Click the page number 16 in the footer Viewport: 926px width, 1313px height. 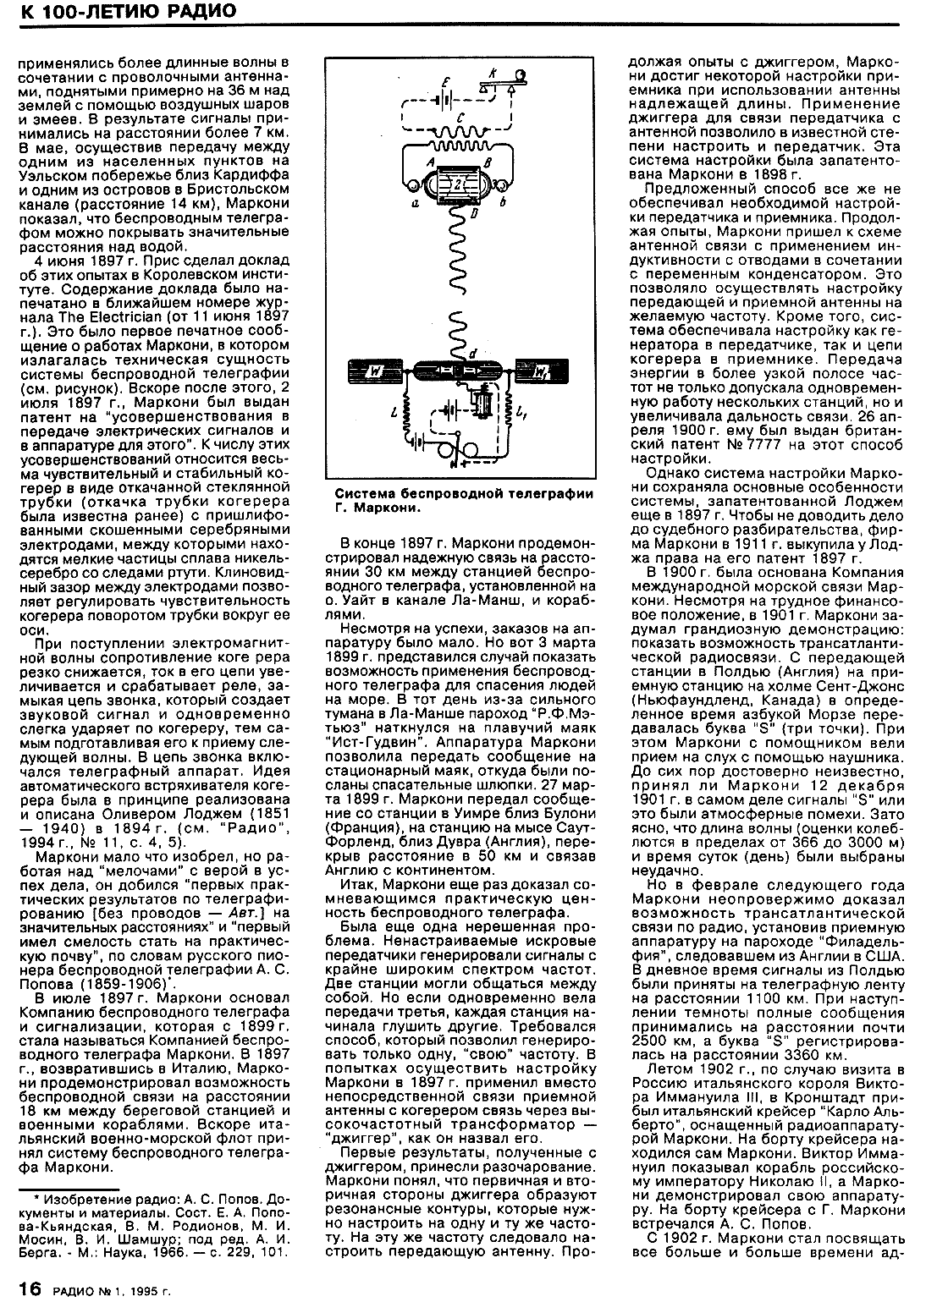tap(30, 1288)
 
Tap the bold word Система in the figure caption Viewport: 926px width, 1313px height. tap(361, 494)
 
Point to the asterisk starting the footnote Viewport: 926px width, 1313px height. tap(37, 1199)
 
